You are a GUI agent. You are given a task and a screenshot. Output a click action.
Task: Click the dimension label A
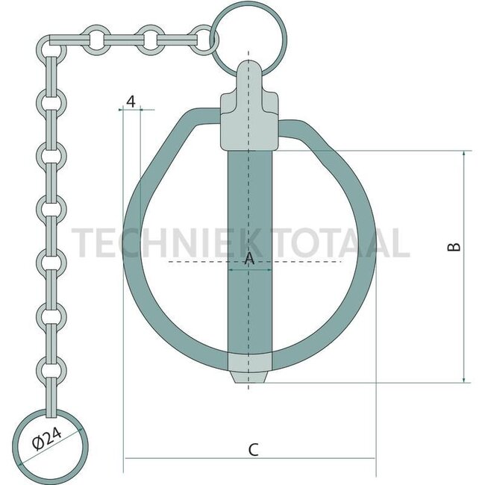coord(249,258)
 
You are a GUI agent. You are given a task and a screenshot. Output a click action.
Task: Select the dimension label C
coord(253,449)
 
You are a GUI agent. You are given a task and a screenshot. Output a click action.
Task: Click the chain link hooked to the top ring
coord(202,37)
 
